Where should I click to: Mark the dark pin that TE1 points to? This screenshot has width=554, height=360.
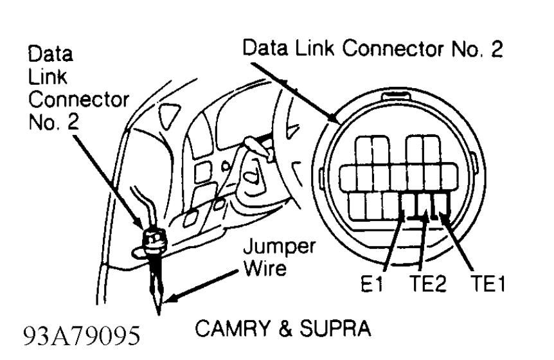pyautogui.click(x=441, y=206)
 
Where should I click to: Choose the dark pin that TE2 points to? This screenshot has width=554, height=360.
pyautogui.click(x=424, y=206)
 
